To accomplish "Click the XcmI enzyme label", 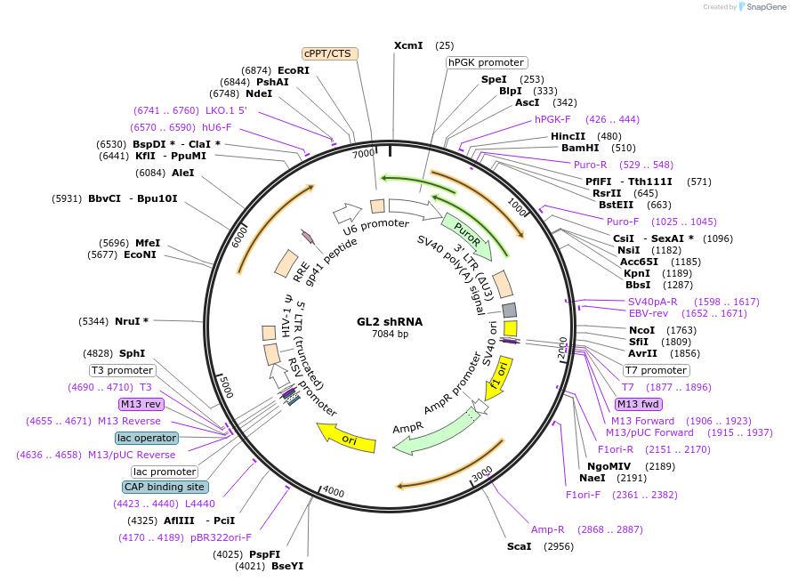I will tap(409, 45).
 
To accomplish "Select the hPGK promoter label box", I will tap(487, 62).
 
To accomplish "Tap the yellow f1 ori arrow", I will tap(498, 378).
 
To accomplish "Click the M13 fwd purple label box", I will tap(638, 404).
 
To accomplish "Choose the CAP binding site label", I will tap(165, 487).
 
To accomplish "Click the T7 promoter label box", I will tap(655, 370).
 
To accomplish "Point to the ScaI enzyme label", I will tap(519, 545).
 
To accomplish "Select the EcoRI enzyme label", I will tap(294, 70).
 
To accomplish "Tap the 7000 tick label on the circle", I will tap(364, 154).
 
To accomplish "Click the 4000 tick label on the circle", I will tap(333, 491).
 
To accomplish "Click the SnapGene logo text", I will tap(765, 7).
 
